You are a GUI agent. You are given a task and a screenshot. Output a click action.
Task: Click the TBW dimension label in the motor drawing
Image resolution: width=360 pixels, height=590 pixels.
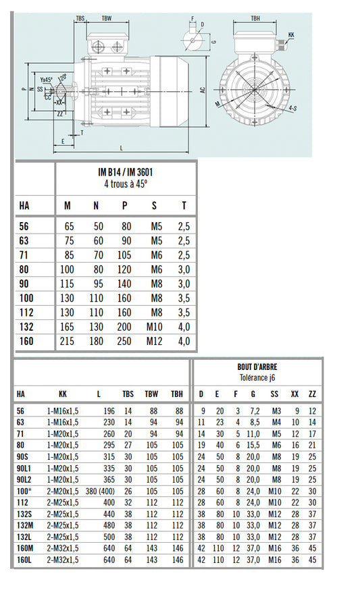point(107,19)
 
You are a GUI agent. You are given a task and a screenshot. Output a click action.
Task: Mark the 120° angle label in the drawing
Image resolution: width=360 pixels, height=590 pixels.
point(62,78)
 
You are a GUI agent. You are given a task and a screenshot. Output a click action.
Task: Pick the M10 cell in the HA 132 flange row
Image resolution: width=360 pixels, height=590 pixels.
point(155,328)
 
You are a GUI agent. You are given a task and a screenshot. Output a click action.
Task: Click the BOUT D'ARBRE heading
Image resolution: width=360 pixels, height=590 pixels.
point(257,368)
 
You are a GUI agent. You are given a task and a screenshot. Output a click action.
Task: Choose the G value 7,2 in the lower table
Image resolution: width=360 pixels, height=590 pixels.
point(253,410)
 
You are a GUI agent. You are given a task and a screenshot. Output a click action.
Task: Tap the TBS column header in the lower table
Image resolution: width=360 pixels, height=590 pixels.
point(128,394)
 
